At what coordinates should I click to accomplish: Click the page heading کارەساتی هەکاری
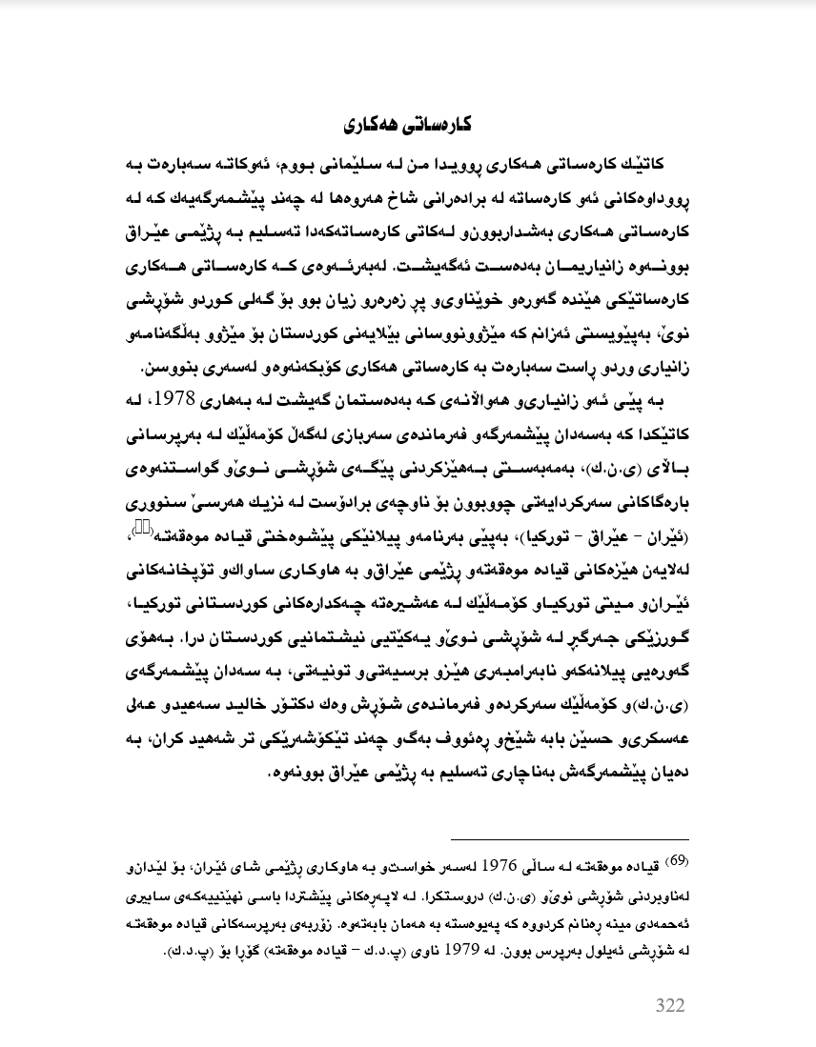coord(407,125)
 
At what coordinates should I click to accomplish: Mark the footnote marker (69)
coord(678,862)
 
